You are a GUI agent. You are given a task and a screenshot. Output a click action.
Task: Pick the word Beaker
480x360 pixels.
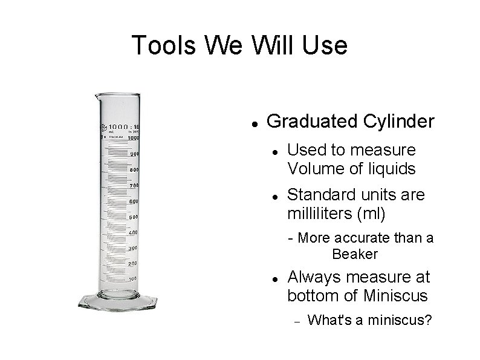355,254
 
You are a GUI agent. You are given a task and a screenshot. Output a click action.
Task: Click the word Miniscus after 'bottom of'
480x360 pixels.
396,296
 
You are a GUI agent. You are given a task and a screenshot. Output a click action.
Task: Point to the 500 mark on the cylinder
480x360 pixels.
134,217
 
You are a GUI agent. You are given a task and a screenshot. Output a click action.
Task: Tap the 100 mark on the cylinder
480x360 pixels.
132,279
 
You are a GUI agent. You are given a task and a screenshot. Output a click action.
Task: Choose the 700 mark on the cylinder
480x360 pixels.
134,185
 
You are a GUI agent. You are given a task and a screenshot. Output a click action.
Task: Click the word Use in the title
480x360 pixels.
326,45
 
